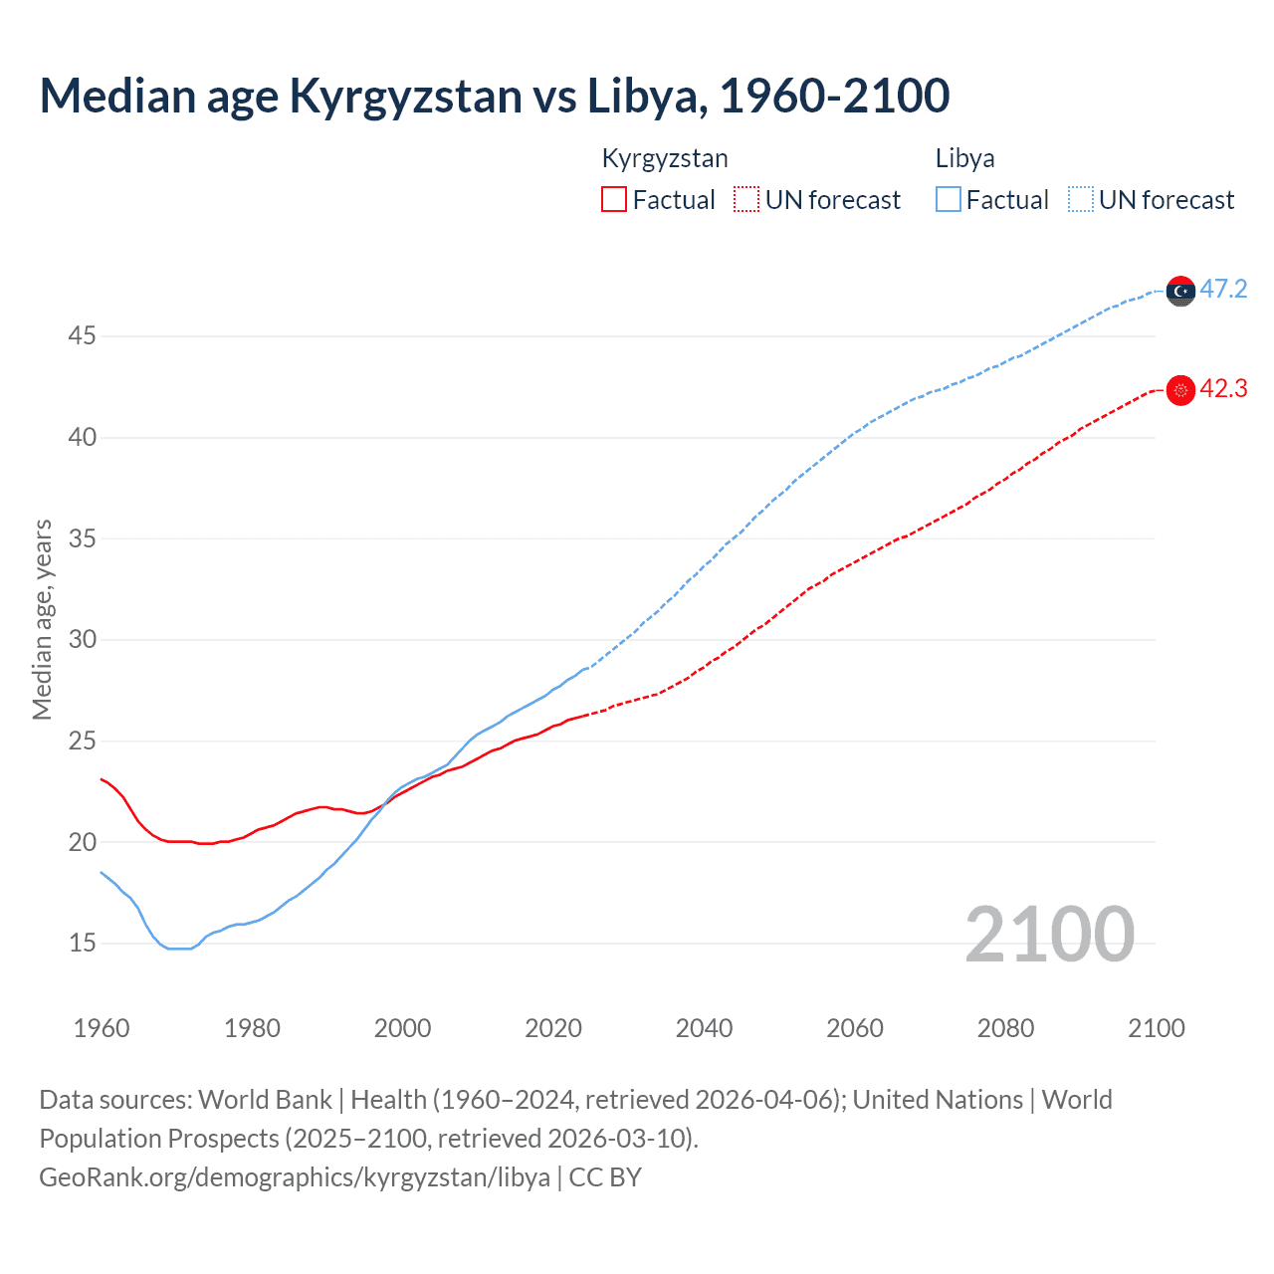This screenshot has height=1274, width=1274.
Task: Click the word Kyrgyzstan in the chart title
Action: click(x=405, y=97)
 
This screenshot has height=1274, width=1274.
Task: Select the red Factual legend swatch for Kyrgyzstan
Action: click(x=614, y=200)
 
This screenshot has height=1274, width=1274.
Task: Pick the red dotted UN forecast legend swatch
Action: click(x=746, y=200)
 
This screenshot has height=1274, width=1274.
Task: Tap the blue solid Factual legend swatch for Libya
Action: click(x=949, y=200)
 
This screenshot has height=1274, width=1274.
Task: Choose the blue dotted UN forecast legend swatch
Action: click(x=1081, y=200)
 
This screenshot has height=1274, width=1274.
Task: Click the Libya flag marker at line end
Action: click(x=1180, y=291)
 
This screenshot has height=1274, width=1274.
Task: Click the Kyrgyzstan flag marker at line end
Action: click(x=1180, y=390)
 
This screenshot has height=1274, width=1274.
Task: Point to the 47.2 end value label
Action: click(x=1223, y=290)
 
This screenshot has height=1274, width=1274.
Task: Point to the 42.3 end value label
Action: click(x=1223, y=389)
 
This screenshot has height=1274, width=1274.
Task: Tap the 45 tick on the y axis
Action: click(x=82, y=336)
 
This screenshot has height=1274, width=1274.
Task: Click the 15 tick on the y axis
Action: click(x=82, y=943)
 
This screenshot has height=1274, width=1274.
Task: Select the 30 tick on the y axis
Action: click(x=82, y=639)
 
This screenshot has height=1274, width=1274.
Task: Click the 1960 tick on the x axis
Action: click(x=102, y=1028)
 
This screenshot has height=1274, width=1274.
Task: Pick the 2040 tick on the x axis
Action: click(x=704, y=1028)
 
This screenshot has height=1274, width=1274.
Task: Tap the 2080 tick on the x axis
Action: click(x=1005, y=1028)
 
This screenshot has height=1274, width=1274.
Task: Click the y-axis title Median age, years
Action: click(x=42, y=619)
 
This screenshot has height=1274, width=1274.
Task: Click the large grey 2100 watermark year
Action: click(x=1049, y=935)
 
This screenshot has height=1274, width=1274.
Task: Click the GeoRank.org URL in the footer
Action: click(x=295, y=1177)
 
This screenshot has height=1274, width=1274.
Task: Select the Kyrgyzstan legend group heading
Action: click(x=665, y=158)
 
